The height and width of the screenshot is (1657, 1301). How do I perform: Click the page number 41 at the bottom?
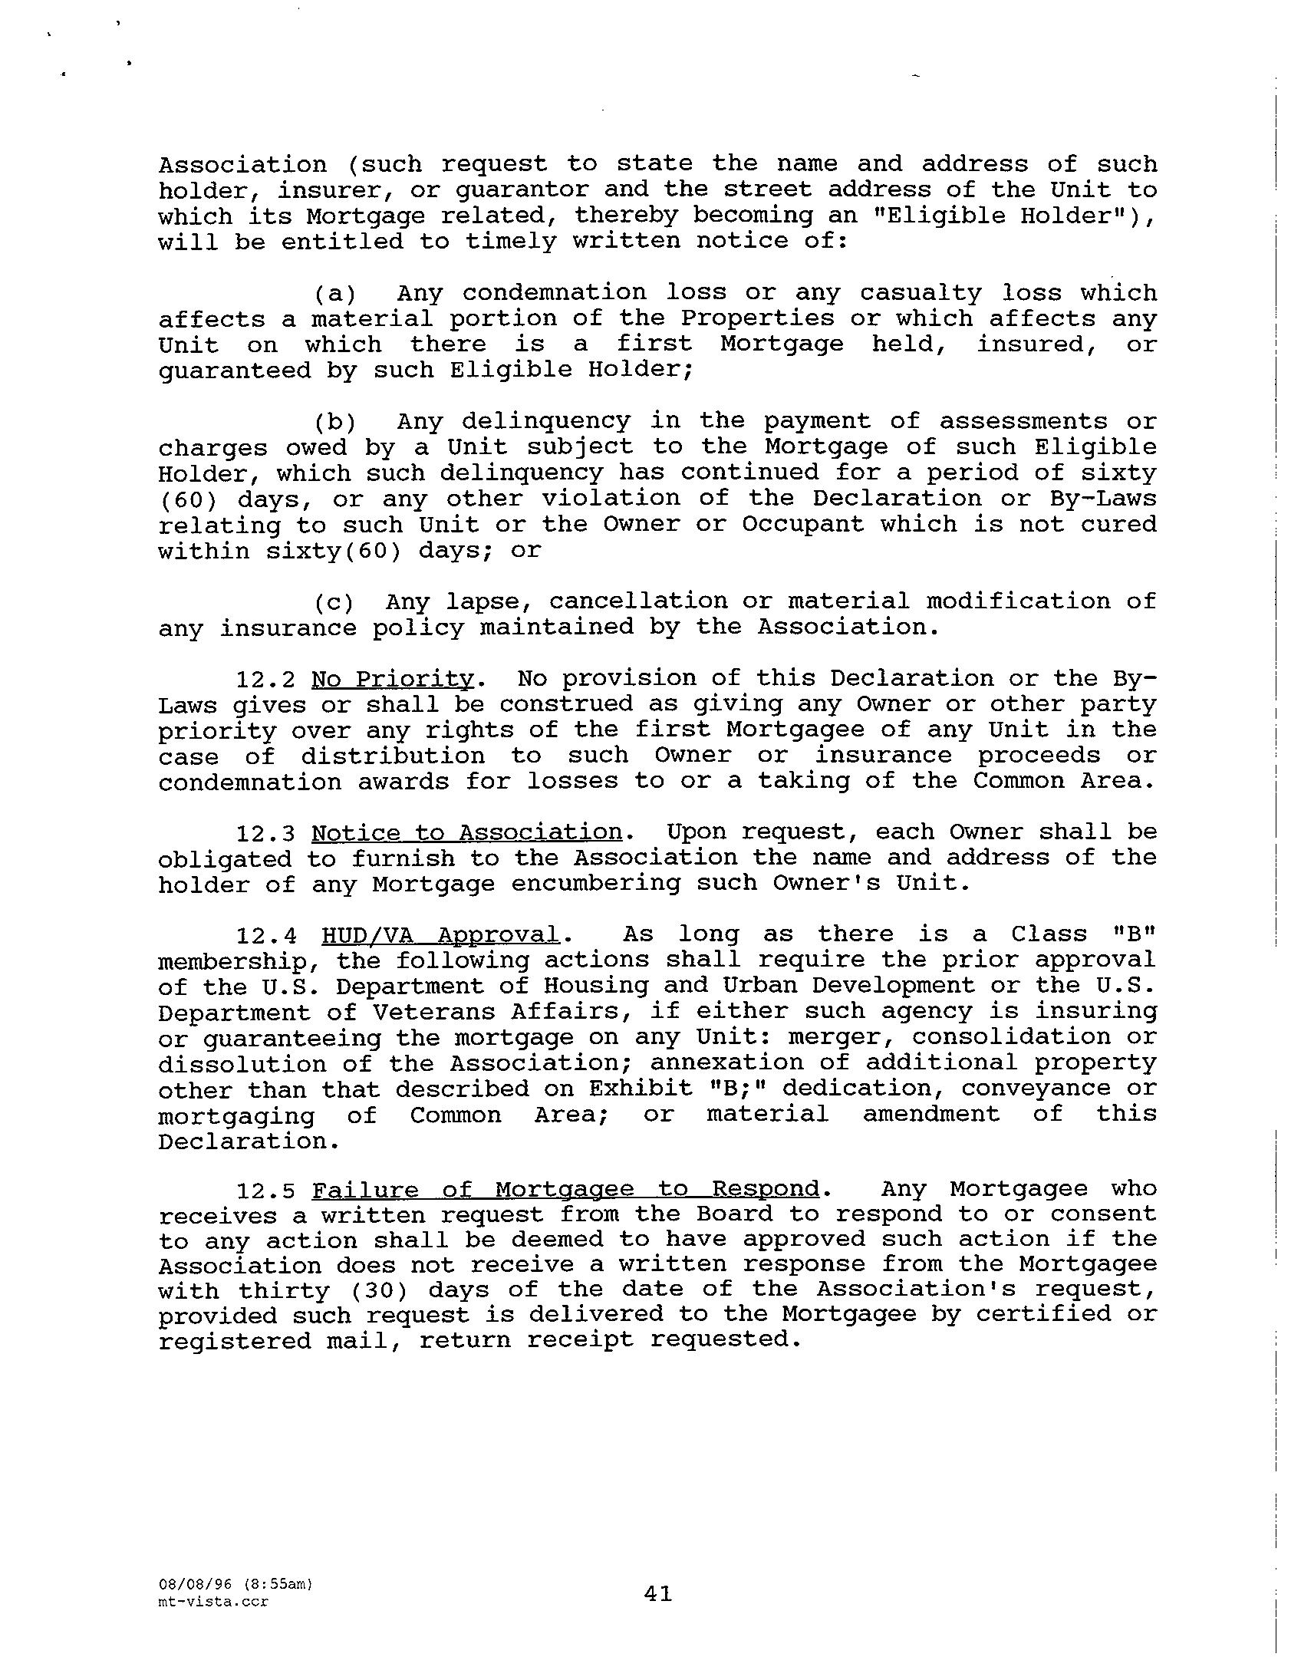657,1593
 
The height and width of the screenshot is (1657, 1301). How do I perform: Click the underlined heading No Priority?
394,680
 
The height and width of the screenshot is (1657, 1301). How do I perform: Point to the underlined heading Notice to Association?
466,833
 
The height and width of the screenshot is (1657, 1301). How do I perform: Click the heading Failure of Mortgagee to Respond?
566,1190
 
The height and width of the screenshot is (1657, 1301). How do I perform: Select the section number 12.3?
265,834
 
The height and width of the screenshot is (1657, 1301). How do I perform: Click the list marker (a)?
335,294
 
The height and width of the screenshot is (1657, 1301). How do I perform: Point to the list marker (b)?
335,422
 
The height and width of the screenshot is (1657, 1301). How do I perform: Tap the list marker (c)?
335,602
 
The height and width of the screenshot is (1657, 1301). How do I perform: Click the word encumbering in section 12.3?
595,884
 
